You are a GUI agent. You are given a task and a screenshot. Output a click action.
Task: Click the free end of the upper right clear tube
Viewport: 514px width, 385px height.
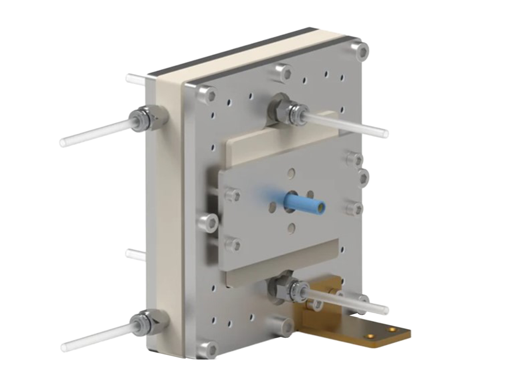384,132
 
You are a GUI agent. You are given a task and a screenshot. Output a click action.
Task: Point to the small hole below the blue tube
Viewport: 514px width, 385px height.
292,228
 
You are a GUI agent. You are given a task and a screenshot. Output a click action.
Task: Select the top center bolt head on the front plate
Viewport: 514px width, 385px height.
283,71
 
